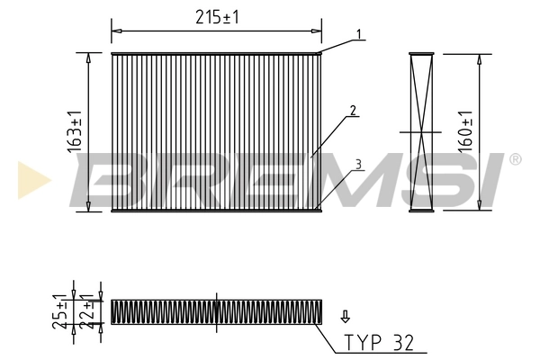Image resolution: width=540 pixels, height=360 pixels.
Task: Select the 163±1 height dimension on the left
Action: (76, 132)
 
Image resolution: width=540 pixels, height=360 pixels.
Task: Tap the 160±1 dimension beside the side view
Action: (465, 132)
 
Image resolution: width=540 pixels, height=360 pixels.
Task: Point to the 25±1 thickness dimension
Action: (58, 310)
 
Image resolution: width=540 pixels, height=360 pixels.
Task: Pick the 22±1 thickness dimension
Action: (85, 310)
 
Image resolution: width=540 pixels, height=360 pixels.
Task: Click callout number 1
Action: (357, 35)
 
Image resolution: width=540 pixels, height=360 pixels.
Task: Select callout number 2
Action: (354, 112)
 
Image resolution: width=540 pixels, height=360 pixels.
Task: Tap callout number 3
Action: (357, 165)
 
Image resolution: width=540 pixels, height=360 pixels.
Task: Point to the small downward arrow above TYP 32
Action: (343, 316)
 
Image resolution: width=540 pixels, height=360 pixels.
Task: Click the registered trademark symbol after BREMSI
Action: (514, 159)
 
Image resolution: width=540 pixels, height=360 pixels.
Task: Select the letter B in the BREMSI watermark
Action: (112, 179)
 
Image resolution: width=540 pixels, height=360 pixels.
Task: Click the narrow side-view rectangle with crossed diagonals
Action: (421, 132)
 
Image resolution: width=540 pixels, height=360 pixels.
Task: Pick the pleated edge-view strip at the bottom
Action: (216, 310)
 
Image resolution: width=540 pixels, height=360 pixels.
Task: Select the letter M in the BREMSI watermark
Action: (352, 179)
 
